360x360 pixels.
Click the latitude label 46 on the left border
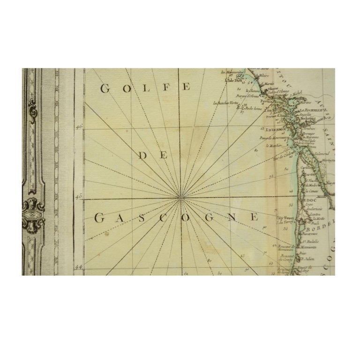click(79, 127)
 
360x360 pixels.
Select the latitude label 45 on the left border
click(79, 198)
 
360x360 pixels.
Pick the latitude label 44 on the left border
click(79, 268)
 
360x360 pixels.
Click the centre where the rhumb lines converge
click(180, 199)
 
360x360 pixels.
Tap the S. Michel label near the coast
click(296, 94)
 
